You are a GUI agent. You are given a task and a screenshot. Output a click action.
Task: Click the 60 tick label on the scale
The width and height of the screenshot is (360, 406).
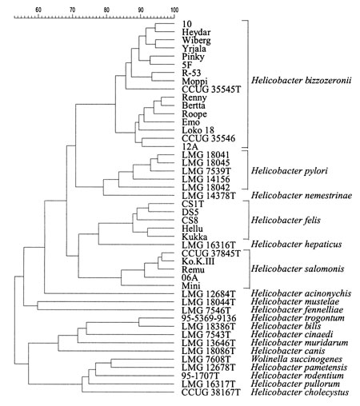pyautogui.click(x=38, y=10)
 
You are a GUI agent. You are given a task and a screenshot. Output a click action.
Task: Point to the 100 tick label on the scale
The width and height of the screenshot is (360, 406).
pyautogui.click(x=174, y=10)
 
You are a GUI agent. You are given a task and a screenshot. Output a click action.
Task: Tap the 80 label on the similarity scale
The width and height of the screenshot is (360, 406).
pyautogui.click(x=106, y=10)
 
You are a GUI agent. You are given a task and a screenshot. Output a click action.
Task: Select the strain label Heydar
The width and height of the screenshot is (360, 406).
pyautogui.click(x=196, y=32)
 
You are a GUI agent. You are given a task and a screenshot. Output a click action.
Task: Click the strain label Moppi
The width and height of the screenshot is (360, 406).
pyautogui.click(x=194, y=82)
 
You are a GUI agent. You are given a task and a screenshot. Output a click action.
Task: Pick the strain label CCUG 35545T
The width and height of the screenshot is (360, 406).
pyautogui.click(x=211, y=90)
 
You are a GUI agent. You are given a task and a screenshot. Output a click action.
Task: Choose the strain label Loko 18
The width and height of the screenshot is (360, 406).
pyautogui.click(x=198, y=130)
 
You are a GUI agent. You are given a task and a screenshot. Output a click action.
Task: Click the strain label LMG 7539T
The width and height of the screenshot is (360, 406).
pyautogui.click(x=206, y=170)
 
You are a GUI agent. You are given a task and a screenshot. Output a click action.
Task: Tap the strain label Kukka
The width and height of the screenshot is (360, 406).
pyautogui.click(x=194, y=237)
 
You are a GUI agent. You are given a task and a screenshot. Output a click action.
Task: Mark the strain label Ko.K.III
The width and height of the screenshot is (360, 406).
pyautogui.click(x=198, y=261)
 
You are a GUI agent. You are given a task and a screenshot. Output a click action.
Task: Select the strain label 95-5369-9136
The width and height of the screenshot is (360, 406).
pyautogui.click(x=209, y=318)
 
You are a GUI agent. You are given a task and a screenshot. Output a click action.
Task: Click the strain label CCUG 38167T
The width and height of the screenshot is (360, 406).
pyautogui.click(x=211, y=392)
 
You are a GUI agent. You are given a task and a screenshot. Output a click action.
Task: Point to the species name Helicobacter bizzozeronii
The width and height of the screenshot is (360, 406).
pyautogui.click(x=302, y=81)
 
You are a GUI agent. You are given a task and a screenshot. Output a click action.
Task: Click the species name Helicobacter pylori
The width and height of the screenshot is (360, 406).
pyautogui.click(x=290, y=171)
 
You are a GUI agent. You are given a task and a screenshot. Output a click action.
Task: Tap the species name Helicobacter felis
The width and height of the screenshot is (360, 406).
pyautogui.click(x=286, y=220)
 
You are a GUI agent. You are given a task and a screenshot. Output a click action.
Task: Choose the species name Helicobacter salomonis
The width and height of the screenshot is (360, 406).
pyautogui.click(x=298, y=269)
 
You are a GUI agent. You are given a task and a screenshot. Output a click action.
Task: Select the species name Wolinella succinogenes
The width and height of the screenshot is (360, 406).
pyautogui.click(x=297, y=359)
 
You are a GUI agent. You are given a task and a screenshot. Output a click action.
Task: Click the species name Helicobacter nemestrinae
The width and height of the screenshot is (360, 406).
pyautogui.click(x=302, y=196)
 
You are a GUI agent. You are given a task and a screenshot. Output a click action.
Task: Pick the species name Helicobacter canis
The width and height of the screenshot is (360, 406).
pyautogui.click(x=288, y=351)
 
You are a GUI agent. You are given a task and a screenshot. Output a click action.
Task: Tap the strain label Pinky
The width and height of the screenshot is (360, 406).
pyautogui.click(x=194, y=57)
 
